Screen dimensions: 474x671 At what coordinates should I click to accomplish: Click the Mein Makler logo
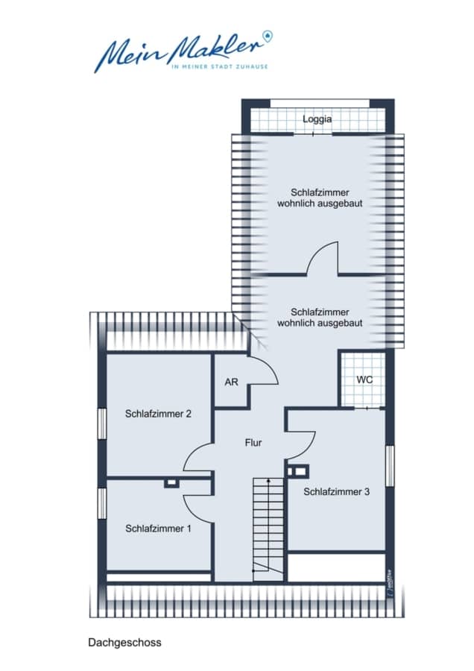[x=183, y=51]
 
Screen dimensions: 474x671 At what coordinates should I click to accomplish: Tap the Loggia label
[x=317, y=119]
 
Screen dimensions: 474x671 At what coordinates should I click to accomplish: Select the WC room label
[x=364, y=379]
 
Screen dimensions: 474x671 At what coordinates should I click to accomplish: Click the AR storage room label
[x=231, y=382]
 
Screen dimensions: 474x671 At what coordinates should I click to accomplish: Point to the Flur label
[x=253, y=442]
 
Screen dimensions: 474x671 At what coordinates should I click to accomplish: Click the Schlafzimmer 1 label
[x=158, y=529]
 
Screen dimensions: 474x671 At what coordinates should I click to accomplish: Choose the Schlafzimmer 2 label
[x=158, y=414]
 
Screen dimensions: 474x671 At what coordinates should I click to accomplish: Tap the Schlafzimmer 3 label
[x=337, y=492]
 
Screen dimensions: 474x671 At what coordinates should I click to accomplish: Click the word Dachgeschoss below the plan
[x=125, y=643]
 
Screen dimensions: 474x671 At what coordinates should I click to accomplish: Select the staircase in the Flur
[x=268, y=530]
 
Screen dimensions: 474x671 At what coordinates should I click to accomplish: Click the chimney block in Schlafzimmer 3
[x=298, y=471]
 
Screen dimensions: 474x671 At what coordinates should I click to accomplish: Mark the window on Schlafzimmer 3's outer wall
[x=390, y=465]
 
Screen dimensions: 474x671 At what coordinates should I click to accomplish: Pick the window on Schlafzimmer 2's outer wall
[x=102, y=423]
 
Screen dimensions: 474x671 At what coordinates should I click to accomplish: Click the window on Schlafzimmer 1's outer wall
[x=102, y=503]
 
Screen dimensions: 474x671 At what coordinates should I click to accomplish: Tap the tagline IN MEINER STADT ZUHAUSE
[x=219, y=67]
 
